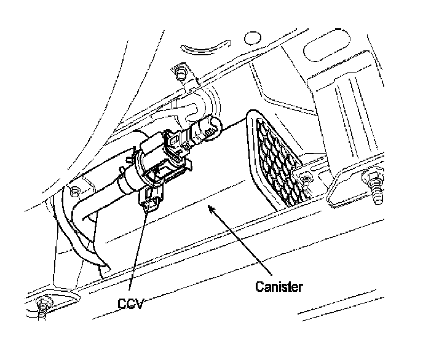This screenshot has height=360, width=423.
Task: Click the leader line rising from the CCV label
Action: coord(139,246)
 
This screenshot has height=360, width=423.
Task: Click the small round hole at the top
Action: coord(251,38)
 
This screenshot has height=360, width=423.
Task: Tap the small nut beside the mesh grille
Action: coord(302,178)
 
